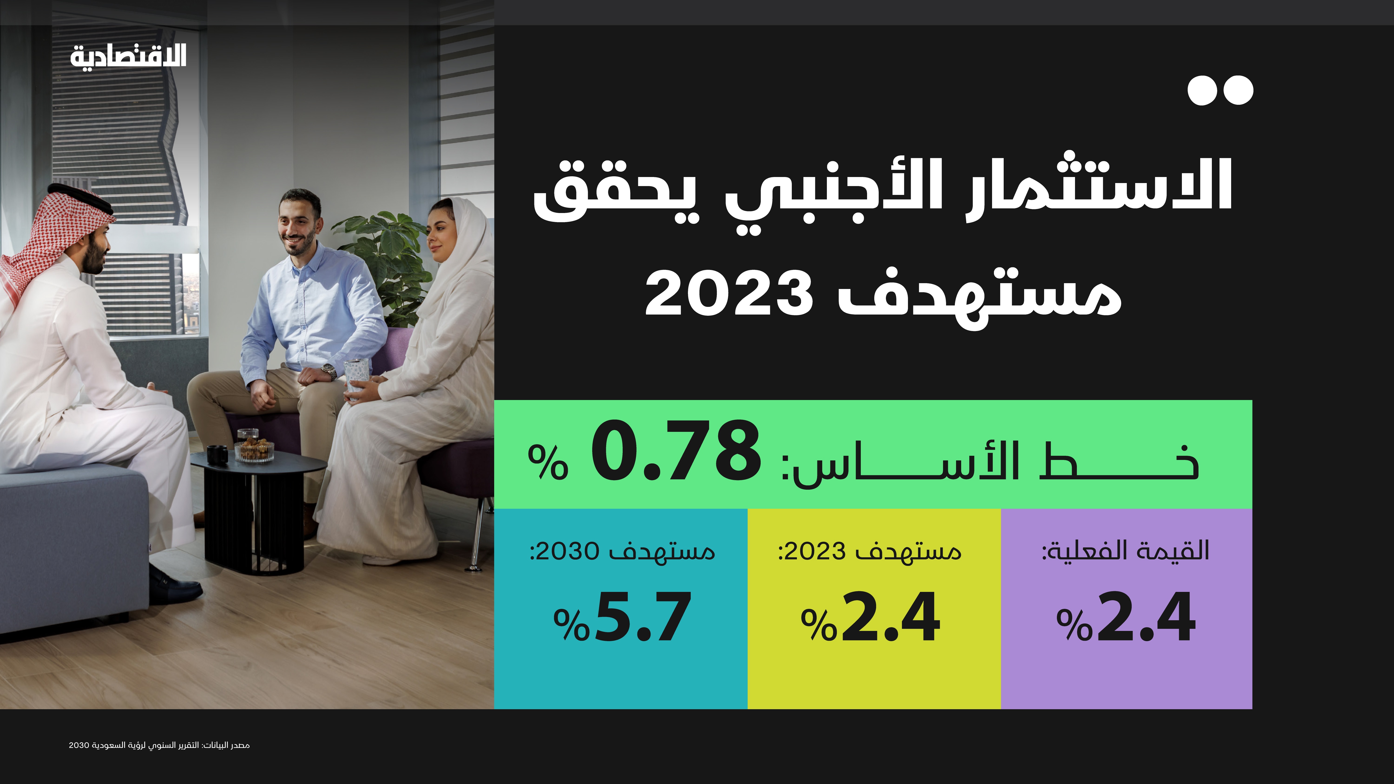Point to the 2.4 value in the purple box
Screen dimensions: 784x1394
pyautogui.click(x=1146, y=617)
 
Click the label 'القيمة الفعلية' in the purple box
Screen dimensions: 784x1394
pyautogui.click(x=1126, y=551)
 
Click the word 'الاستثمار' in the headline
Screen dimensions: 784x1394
pyautogui.click(x=1098, y=187)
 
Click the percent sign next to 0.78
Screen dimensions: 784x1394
pyautogui.click(x=548, y=462)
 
